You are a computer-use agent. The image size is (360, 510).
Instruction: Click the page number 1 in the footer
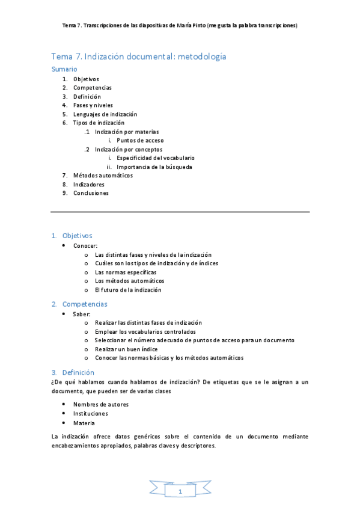click(x=180, y=492)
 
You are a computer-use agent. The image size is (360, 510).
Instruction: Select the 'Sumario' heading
click(x=64, y=69)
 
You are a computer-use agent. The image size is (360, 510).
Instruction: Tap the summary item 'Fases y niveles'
click(x=93, y=105)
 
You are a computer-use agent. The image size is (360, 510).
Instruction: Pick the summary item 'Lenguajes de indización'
click(x=105, y=114)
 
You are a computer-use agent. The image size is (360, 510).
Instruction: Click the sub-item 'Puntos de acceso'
click(x=140, y=140)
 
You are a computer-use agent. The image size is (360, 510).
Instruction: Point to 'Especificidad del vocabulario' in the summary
click(x=156, y=158)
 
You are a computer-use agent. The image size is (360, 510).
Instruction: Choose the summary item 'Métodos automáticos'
click(x=103, y=176)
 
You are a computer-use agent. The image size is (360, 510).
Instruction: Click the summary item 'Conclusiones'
click(x=91, y=193)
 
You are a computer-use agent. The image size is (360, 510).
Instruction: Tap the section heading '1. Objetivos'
click(x=72, y=236)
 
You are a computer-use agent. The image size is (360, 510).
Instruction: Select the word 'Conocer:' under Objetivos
click(x=85, y=246)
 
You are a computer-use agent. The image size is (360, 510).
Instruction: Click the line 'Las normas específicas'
click(x=126, y=272)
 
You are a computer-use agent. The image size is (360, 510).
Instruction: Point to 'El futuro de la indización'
click(x=128, y=290)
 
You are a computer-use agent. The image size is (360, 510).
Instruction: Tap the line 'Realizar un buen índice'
click(x=126, y=349)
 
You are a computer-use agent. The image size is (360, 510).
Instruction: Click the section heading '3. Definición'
click(x=73, y=372)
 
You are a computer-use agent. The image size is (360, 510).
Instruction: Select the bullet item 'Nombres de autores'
click(x=101, y=405)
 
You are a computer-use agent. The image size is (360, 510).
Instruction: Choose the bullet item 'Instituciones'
click(x=91, y=414)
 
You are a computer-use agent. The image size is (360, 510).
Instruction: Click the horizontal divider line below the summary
click(x=180, y=212)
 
